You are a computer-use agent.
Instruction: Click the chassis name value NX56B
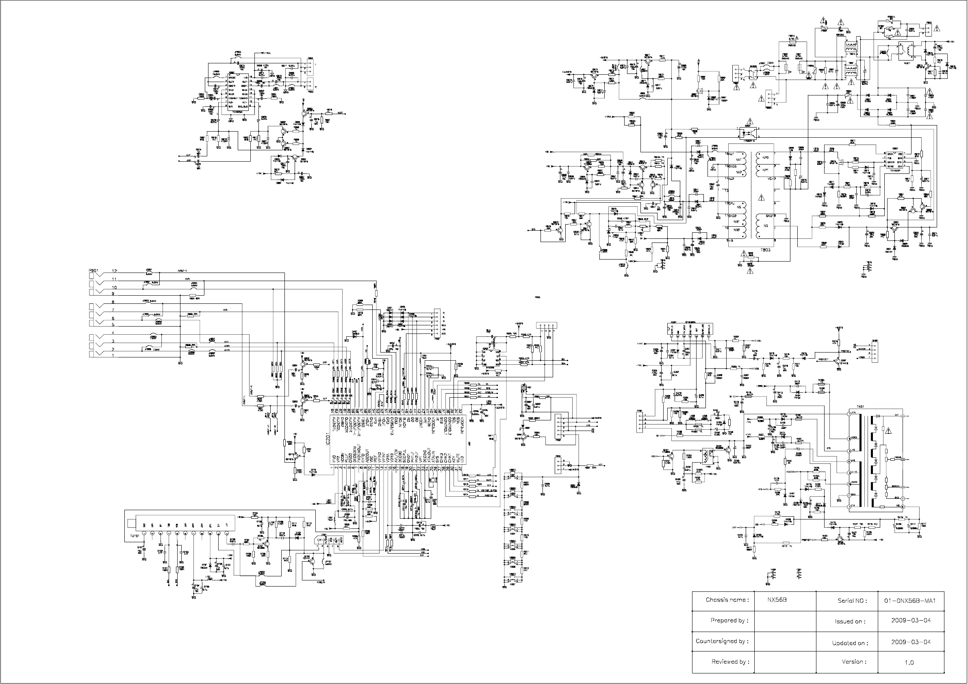[777, 600]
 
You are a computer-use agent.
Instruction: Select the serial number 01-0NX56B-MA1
[909, 601]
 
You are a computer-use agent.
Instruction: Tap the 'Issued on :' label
[850, 621]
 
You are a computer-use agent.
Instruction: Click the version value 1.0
[909, 662]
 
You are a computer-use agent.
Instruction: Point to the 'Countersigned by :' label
[722, 641]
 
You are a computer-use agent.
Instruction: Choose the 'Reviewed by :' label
[730, 662]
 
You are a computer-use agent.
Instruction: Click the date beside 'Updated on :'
[911, 642]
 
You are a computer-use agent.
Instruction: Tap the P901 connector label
[93, 271]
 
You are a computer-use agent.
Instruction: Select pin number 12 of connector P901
[114, 271]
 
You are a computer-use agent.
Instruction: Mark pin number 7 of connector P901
[113, 310]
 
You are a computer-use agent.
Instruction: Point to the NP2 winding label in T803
[766, 157]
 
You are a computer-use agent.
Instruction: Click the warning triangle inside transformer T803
[761, 197]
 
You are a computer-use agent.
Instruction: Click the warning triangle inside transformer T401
[889, 431]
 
